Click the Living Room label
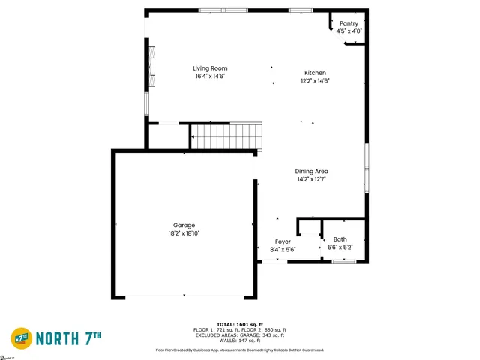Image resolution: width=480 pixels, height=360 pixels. point(210,68)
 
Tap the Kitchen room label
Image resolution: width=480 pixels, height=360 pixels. point(315,73)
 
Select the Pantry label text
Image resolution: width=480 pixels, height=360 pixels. point(349,24)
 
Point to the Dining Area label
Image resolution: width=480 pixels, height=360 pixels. point(312,172)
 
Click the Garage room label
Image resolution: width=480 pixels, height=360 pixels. point(184,226)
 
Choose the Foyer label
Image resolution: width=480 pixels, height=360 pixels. point(283,241)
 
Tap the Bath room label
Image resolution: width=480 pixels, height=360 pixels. point(340,239)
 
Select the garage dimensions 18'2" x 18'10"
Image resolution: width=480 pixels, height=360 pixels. point(184,234)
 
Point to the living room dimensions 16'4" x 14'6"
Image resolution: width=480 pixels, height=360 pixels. point(210,76)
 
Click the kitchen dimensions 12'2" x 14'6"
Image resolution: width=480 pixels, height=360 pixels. point(315,81)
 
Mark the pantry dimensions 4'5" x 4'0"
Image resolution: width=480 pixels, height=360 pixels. point(349,31)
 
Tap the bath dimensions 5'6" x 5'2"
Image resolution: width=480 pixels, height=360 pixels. point(340,247)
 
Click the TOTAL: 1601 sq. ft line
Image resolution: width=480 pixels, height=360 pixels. point(240,324)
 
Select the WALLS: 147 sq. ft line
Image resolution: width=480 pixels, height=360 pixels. point(240,340)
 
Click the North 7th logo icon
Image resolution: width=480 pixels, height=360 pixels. point(21,337)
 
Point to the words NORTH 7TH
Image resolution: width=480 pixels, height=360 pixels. point(68,337)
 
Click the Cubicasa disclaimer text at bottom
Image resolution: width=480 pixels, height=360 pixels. point(240,349)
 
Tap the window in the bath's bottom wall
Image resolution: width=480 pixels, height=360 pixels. point(343,261)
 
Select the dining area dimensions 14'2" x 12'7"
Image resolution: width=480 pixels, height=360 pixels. point(312,180)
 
